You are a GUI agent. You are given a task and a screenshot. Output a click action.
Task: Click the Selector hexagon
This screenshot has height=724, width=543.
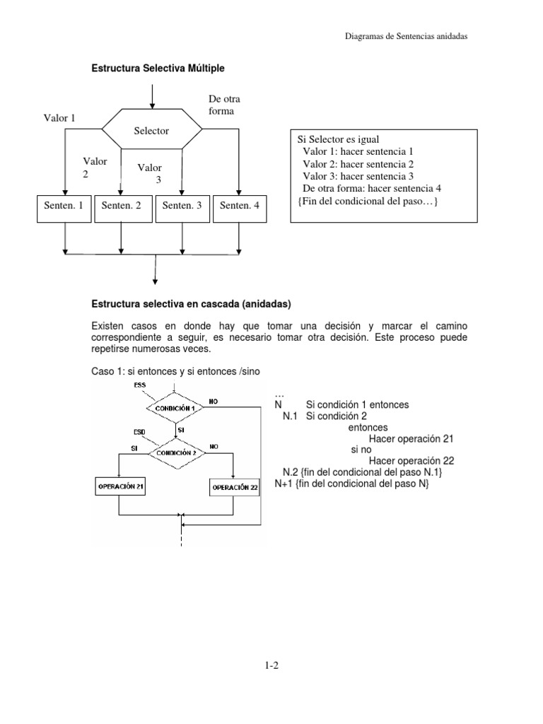152,132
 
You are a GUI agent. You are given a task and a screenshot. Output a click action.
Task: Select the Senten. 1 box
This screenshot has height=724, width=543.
64,206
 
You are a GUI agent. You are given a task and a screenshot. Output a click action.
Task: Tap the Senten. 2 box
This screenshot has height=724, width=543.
122,206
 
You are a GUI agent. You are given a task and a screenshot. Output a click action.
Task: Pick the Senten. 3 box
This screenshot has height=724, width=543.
182,206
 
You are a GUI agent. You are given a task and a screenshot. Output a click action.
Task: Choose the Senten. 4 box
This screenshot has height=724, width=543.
240,206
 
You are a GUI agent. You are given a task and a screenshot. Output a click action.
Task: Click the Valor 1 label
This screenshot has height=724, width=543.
59,118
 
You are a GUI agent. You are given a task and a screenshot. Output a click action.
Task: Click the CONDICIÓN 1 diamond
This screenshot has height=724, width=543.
175,408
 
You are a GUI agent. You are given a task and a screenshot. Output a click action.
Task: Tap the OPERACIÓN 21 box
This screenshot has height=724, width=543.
120,486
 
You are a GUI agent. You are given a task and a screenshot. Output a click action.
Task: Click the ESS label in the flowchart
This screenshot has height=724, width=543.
139,386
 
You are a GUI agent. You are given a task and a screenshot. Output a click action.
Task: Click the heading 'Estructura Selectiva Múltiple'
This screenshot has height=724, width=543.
158,69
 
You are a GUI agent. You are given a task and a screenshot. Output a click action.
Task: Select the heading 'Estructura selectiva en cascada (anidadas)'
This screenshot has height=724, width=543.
192,304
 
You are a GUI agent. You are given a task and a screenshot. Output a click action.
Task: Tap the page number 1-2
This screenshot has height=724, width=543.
272,665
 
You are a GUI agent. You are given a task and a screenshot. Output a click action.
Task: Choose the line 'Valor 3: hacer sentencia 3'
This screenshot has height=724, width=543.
358,176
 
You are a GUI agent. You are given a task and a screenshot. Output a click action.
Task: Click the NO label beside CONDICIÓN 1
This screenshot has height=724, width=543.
214,401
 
